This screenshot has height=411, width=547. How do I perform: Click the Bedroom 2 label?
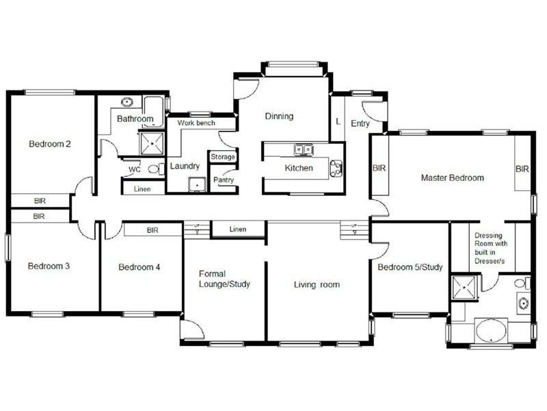tap(50, 144)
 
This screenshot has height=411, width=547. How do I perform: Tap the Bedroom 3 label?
tap(49, 266)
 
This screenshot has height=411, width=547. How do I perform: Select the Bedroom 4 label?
tap(139, 267)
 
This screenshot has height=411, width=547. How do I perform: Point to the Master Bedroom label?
tap(452, 177)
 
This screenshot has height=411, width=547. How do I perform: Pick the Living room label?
tap(317, 284)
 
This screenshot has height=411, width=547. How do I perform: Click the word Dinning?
tap(279, 116)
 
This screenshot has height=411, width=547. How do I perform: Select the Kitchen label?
tap(298, 168)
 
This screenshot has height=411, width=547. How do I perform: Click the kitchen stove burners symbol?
tap(336, 168)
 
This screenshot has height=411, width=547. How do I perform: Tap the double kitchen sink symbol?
tap(304, 149)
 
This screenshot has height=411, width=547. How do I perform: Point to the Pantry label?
tap(224, 180)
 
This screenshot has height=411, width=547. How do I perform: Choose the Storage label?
tap(223, 157)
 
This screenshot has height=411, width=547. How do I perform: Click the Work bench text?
tap(196, 123)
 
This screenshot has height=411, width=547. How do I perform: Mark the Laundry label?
tap(185, 166)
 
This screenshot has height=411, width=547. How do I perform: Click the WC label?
tap(135, 169)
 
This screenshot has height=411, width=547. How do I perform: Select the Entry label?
tap(360, 123)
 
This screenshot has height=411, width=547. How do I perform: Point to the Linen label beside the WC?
tap(142, 188)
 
